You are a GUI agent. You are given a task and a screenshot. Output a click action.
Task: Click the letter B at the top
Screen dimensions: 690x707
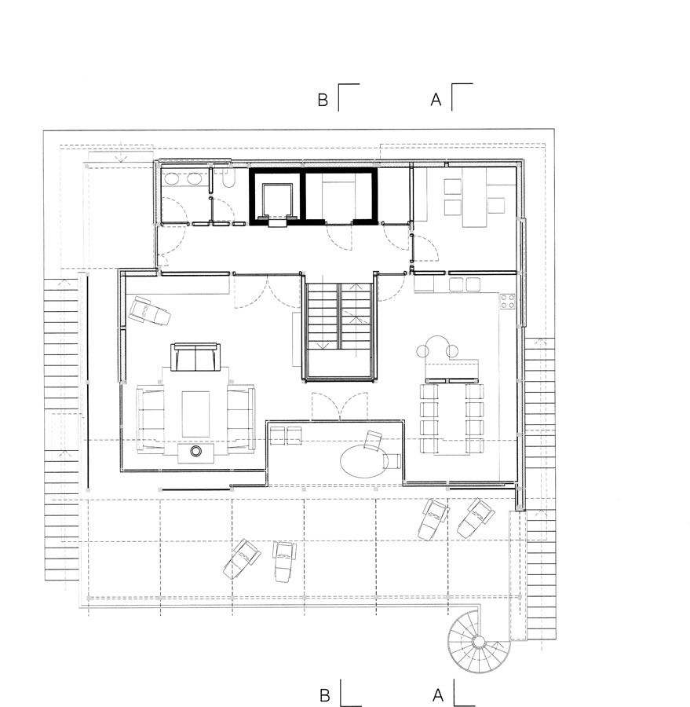coord(323,100)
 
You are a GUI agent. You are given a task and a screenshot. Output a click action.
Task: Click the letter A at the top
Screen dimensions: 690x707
coord(436,100)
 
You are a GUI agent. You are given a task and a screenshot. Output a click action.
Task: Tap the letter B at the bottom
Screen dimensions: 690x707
coord(324,695)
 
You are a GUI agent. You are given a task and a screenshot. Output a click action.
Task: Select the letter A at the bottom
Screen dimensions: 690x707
coord(438,695)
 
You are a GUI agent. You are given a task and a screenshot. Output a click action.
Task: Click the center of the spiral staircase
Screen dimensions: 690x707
coord(477,641)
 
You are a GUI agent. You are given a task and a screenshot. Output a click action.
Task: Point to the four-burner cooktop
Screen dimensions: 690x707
coord(507,302)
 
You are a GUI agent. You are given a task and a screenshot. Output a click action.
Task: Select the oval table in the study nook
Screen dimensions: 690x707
coord(362,461)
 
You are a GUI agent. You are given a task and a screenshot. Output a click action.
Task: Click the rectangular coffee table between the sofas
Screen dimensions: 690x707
coord(195,414)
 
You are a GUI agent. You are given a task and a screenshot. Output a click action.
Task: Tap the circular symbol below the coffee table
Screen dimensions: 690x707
coord(195,451)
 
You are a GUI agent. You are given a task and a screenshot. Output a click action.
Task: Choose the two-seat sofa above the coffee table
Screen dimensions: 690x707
coord(195,357)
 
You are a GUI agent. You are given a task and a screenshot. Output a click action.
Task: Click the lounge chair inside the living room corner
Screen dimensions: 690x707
coord(150,310)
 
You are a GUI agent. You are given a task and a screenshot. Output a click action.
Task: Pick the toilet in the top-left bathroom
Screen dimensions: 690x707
coord(229,181)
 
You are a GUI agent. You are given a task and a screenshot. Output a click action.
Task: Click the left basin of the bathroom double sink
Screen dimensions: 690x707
coord(172,179)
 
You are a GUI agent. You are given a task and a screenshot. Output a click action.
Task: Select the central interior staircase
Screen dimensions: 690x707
coord(338,331)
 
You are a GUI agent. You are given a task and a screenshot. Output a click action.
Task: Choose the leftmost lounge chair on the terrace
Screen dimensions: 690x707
coord(242,559)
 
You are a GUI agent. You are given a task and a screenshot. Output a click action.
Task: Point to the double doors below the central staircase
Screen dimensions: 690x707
coord(340,406)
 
